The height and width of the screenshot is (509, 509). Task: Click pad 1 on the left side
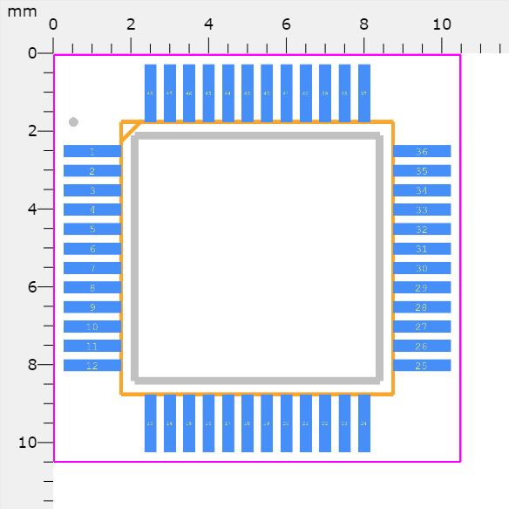tap(92, 151)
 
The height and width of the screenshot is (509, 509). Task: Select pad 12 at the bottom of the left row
tap(92, 365)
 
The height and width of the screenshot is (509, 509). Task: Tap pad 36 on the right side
tap(422, 151)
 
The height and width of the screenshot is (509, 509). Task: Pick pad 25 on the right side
tap(422, 365)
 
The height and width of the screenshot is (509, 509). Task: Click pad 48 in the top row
tap(150, 93)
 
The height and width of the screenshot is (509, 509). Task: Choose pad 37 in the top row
tap(364, 93)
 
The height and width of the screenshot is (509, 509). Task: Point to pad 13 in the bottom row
tap(150, 423)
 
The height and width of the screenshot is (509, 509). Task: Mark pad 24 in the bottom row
tap(364, 423)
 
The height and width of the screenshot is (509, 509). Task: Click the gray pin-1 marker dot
tap(73, 121)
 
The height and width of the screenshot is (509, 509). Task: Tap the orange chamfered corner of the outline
tap(130, 131)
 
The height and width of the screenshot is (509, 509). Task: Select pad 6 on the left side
tap(92, 249)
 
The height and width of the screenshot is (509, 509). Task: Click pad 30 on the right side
tap(422, 268)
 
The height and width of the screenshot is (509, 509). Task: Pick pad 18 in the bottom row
tap(248, 423)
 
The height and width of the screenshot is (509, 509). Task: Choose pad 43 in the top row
tap(248, 93)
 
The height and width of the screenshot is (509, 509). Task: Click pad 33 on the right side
tap(422, 210)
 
